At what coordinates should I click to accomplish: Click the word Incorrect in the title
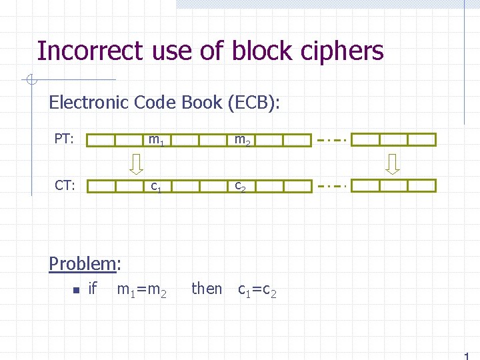(x=89, y=51)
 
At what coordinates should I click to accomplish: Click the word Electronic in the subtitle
(x=89, y=102)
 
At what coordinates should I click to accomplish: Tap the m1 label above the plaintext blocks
(x=157, y=140)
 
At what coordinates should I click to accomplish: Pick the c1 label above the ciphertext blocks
(x=156, y=186)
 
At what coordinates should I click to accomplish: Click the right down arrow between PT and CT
(x=393, y=163)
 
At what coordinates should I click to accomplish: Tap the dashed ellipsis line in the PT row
(x=331, y=140)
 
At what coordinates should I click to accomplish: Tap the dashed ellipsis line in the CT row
(x=331, y=186)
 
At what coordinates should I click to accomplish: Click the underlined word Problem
(x=82, y=263)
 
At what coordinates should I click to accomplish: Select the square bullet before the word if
(x=77, y=289)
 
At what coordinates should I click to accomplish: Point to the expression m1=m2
(x=141, y=289)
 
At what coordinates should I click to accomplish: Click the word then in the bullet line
(x=207, y=289)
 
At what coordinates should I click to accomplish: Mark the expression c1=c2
(x=257, y=290)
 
